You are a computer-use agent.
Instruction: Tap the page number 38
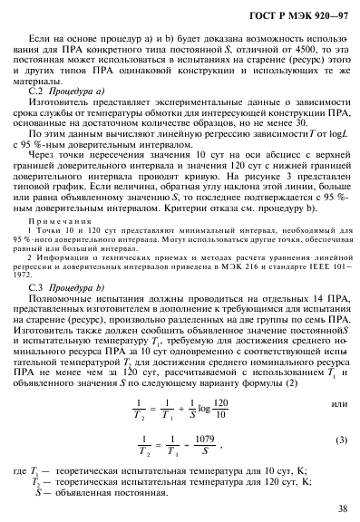(x=341, y=508)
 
